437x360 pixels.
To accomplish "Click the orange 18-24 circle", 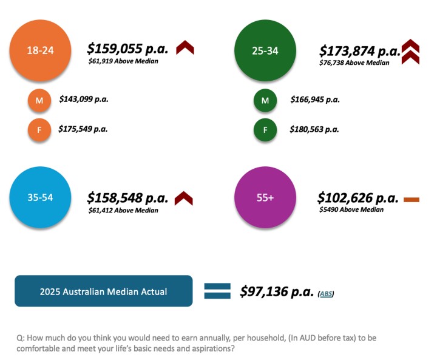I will [41, 50].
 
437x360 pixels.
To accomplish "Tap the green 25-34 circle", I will [265, 50].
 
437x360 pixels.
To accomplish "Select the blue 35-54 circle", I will [41, 197].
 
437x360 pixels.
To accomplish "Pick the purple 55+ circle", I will [265, 197].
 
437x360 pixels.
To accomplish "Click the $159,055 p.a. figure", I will [127, 48].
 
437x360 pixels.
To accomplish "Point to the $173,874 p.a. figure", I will [359, 50].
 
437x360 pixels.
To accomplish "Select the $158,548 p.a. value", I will [127, 197].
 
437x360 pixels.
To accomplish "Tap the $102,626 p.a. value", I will [357, 197].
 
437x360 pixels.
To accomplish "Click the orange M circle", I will [39, 101].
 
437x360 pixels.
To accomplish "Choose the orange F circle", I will [39, 130].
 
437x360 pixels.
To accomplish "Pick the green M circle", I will [265, 101].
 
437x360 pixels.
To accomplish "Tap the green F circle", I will [265, 130].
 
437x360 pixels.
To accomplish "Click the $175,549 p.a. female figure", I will [83, 129].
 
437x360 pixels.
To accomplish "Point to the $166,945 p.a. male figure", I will [314, 99].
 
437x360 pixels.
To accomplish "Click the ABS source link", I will [327, 294].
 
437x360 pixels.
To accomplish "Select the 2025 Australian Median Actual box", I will [104, 291].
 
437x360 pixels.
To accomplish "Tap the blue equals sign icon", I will [217, 291].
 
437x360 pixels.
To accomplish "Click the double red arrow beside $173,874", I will [410, 52].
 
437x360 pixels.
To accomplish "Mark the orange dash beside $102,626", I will [411, 199].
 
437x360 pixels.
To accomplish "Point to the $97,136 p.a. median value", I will [276, 291].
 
